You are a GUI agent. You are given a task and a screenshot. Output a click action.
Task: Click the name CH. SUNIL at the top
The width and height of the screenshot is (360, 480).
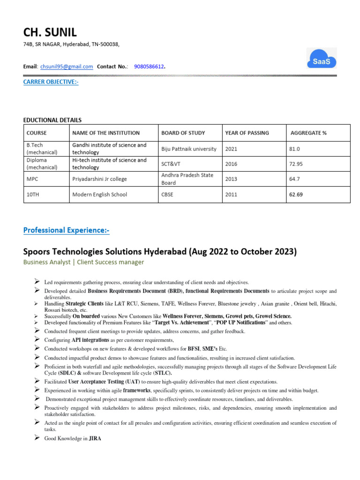coord(50,32)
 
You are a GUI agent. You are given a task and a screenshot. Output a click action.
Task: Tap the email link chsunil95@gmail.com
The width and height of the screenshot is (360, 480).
coord(67,67)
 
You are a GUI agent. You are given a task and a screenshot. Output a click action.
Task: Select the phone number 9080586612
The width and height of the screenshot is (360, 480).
coord(149,67)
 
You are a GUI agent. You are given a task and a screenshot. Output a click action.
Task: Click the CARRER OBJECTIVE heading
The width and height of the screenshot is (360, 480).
coord(51,82)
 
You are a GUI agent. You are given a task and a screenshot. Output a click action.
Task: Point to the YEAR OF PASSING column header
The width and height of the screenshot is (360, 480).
coord(247,133)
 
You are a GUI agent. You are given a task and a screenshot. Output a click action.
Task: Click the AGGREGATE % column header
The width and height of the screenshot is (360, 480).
coord(308,133)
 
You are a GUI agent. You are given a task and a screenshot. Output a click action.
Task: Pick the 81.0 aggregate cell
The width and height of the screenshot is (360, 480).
coord(295,149)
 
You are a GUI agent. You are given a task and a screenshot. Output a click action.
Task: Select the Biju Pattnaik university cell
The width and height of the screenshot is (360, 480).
coord(189,149)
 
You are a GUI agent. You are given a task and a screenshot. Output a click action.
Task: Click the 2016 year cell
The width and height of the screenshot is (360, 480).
coord(232,164)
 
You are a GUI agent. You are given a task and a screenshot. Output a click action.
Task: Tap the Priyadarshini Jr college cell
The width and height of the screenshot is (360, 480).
coord(99,179)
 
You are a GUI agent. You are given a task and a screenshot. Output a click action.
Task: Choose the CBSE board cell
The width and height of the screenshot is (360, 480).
coord(167,195)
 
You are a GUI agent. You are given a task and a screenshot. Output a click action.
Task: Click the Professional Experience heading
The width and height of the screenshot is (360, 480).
coord(66,230)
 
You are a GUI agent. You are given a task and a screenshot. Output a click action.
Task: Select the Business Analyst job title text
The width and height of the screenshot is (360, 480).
coord(48,262)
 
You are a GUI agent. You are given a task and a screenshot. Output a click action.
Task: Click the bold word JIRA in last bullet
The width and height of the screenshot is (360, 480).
coord(95,439)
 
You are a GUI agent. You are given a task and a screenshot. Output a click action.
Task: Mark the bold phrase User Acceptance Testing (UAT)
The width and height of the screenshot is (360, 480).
coord(104,382)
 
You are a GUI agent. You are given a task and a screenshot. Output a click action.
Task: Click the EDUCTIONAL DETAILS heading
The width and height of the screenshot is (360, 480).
coord(52,120)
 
